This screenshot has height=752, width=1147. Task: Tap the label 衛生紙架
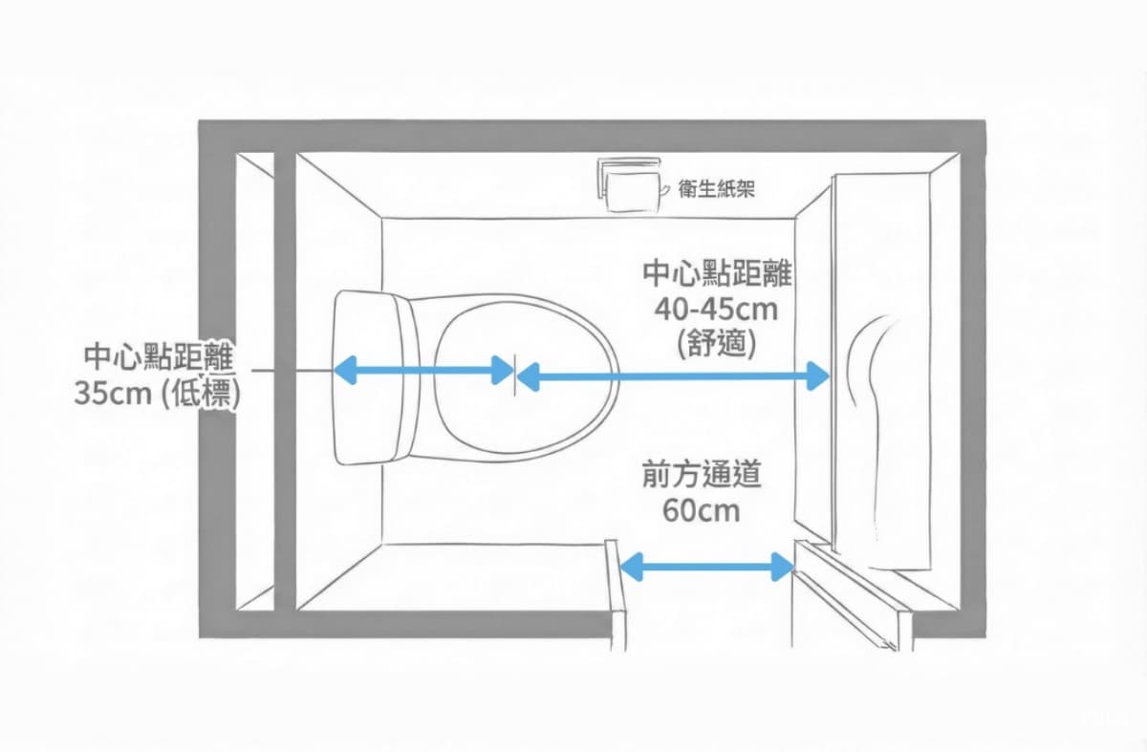716,189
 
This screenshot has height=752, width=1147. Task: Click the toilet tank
376,377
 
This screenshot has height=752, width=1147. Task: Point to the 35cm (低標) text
158,395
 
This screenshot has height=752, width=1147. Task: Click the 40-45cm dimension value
716,310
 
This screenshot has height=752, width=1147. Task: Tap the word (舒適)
716,343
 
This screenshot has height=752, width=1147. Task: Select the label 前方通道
702,475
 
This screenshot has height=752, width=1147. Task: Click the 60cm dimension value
702,510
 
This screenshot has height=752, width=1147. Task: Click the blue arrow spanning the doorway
707,567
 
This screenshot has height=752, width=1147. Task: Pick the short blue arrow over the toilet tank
423,370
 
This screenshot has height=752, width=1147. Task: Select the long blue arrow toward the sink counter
673,376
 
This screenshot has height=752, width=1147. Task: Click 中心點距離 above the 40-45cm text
717,273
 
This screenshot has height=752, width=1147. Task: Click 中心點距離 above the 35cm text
159,356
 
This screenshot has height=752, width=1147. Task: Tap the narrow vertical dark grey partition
285,381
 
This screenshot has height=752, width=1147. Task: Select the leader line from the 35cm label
292,370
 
